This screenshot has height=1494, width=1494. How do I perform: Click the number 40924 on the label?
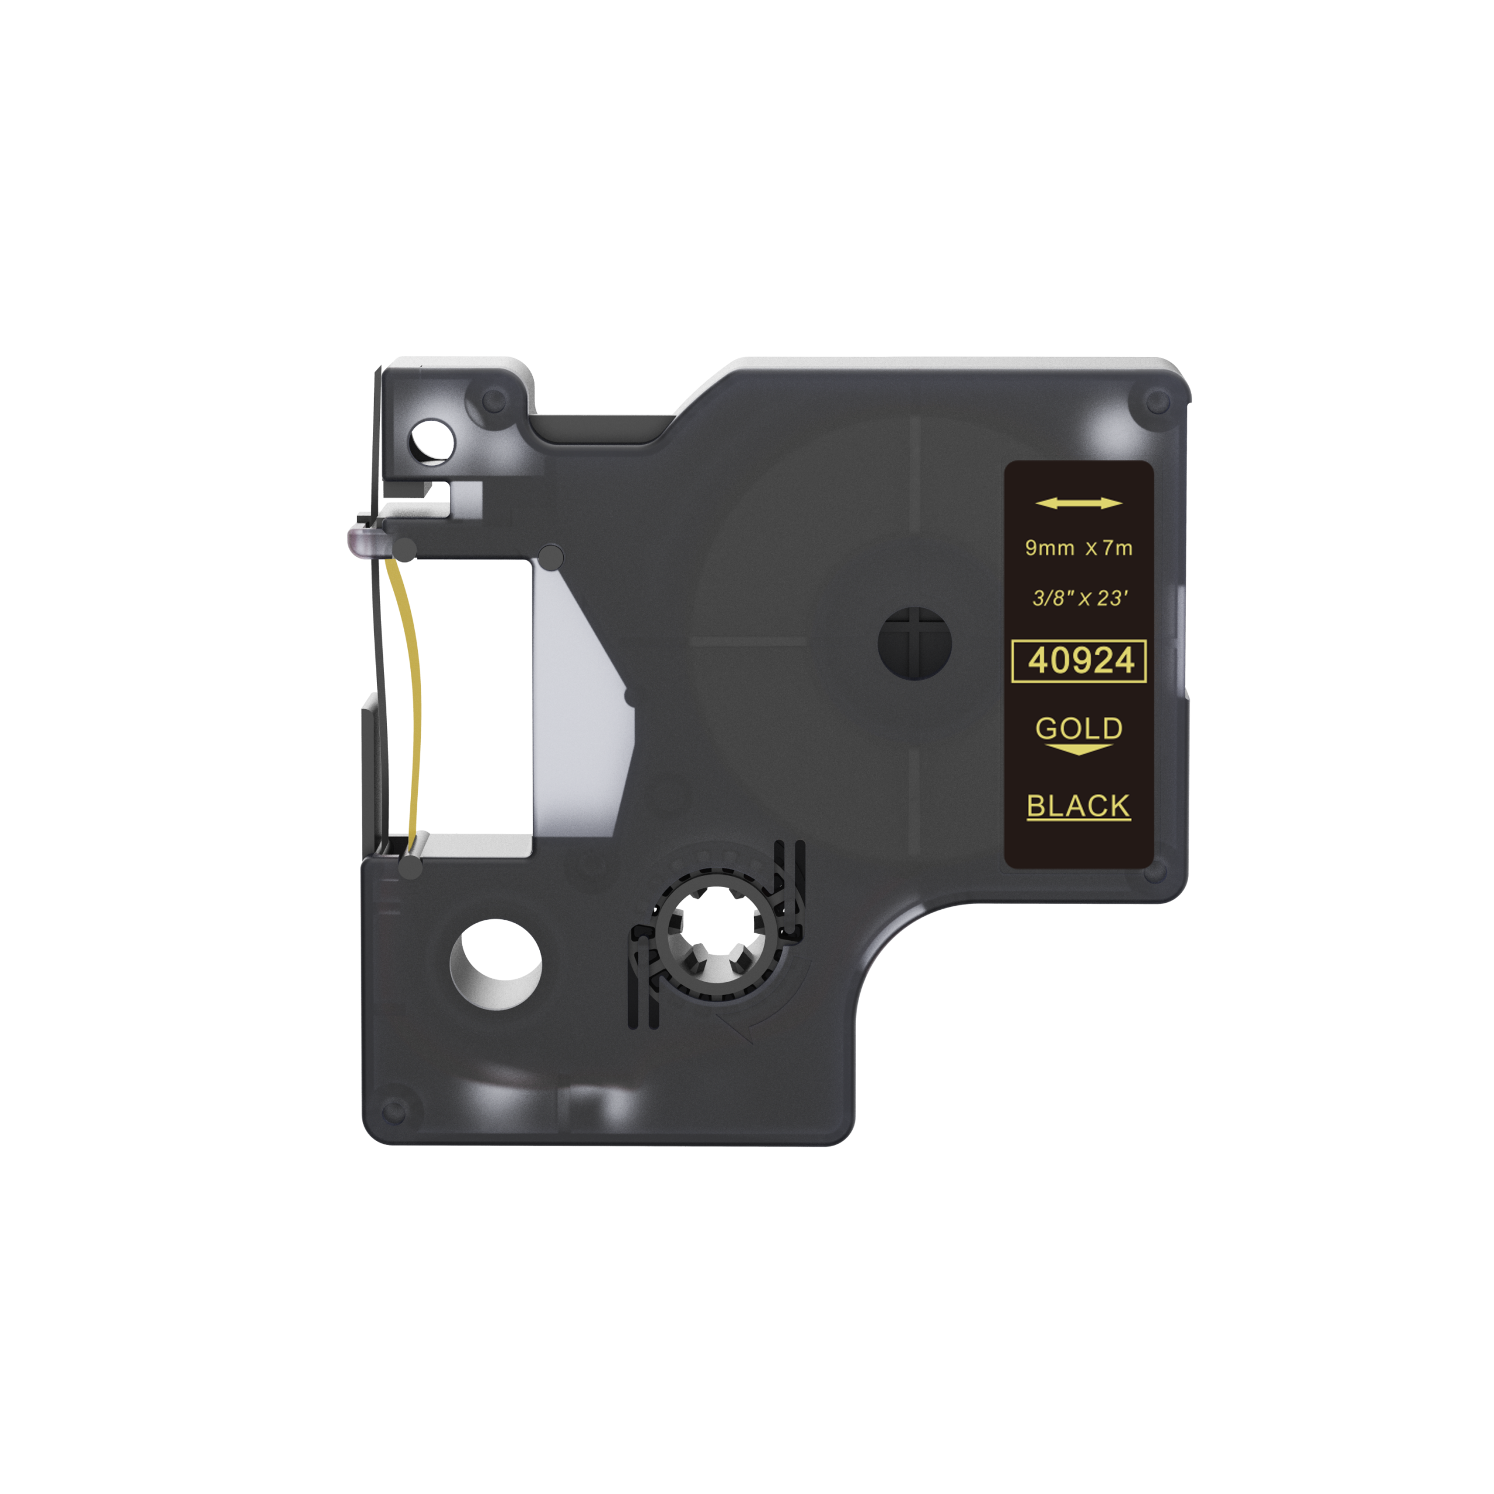point(1080,661)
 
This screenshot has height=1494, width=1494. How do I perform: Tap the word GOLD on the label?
point(1078,728)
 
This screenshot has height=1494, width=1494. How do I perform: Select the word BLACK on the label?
point(1078,806)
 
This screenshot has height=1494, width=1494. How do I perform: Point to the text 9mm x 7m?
point(1078,548)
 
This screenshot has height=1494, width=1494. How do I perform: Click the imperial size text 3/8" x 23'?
point(1080,599)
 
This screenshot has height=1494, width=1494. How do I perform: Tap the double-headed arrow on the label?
point(1078,504)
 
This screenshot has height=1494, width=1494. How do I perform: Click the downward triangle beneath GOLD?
point(1078,749)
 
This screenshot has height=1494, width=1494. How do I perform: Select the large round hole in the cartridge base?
point(495,964)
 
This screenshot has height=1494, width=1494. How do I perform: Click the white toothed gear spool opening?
point(718,933)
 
